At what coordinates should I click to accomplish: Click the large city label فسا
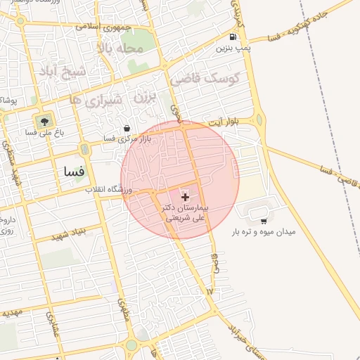[74, 171]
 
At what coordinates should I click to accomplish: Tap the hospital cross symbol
[185, 198]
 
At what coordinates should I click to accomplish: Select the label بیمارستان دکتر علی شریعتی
[185, 214]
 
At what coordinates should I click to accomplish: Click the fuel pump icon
[233, 37]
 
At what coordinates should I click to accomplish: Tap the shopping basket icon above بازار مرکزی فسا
[127, 129]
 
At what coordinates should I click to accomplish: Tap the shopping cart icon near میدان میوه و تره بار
[264, 221]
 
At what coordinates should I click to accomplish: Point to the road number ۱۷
[209, 290]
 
